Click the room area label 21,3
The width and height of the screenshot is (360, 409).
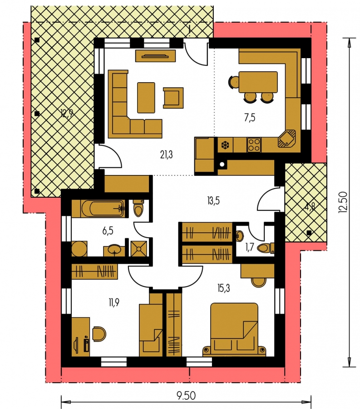coord(166,155)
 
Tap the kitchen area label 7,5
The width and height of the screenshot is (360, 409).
coord(250,118)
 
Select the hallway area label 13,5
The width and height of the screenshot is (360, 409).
coord(213,201)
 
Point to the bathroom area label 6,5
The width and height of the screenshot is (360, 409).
coord(108,231)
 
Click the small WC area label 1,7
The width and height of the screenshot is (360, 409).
coord(249,247)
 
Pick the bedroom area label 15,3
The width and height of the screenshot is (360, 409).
coord(223,288)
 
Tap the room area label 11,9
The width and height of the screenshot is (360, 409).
coord(114,303)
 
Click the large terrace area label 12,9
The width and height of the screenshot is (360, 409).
coord(67,114)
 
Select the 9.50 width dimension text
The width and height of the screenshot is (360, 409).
coord(186,396)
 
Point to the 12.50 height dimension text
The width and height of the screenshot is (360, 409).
coord(343,202)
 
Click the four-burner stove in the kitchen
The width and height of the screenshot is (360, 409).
coord(254,145)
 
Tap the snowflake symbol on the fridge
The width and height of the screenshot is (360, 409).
coord(225,145)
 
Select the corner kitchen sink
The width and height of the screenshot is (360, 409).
coord(287,139)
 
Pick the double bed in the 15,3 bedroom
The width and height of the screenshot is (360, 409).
coord(234,329)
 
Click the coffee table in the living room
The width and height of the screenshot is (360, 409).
coord(146,98)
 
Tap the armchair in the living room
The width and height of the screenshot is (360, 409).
coord(173,98)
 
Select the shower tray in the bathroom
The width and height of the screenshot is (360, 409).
coord(138,248)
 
